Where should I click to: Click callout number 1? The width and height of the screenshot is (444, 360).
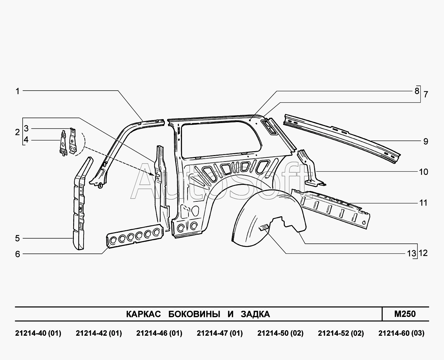pos(18,92)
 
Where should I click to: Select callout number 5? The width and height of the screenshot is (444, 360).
pos(17,239)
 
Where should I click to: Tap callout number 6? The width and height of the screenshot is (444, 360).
pos(17,254)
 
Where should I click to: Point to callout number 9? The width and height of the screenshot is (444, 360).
pos(426,141)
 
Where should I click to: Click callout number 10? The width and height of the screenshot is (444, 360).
pos(424,172)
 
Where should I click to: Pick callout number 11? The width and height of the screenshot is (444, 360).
pos(424,203)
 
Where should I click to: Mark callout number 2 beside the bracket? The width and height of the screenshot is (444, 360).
pos(17,132)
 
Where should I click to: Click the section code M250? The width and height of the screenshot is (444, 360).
pos(405,314)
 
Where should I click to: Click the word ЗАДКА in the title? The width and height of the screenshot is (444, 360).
pos(255,314)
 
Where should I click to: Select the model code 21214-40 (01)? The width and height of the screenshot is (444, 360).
pos(38,333)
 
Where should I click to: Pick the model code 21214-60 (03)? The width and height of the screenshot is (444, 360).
pos(401,333)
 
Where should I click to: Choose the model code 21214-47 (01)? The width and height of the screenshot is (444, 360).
pos(220,333)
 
